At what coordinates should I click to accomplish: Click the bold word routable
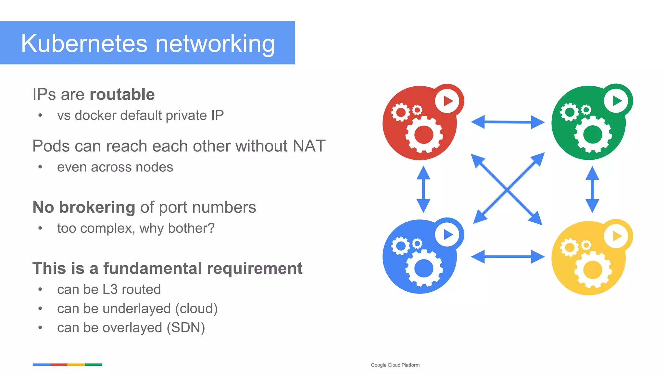(x=122, y=94)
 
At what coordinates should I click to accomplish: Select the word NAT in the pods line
(x=309, y=146)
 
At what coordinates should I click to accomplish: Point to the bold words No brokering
(x=84, y=207)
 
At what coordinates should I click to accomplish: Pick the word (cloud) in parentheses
(x=196, y=309)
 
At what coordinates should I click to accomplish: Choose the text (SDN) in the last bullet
(x=186, y=328)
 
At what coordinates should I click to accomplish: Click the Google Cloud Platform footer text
(x=395, y=365)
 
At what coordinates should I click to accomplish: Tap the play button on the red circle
(x=447, y=101)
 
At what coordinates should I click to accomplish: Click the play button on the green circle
(x=616, y=101)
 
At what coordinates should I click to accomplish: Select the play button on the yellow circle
(x=616, y=236)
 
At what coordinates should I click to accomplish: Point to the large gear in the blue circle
(x=424, y=268)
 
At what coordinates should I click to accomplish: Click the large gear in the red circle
(x=424, y=134)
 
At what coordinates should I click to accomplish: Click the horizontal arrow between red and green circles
(x=508, y=122)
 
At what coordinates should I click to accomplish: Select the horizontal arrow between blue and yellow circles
(x=508, y=257)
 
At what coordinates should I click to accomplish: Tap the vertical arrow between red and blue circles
(x=423, y=189)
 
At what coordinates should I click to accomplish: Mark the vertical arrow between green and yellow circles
(x=592, y=189)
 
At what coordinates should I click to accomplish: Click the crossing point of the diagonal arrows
(x=507, y=190)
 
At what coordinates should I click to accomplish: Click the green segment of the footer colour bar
(x=94, y=365)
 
